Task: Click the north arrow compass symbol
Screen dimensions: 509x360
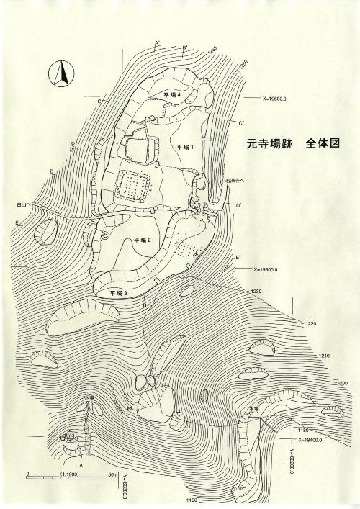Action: pyautogui.click(x=62, y=73)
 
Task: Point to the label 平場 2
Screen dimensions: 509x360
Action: pyautogui.click(x=140, y=240)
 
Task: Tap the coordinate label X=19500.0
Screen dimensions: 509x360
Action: pyautogui.click(x=270, y=269)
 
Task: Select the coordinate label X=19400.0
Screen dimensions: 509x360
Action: pyautogui.click(x=304, y=438)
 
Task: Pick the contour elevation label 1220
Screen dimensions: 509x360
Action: pyautogui.click(x=311, y=324)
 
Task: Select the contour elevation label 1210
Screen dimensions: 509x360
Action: pyautogui.click(x=324, y=356)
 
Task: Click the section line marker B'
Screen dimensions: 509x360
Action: pyautogui.click(x=185, y=48)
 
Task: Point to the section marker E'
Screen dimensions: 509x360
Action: pyautogui.click(x=238, y=257)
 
